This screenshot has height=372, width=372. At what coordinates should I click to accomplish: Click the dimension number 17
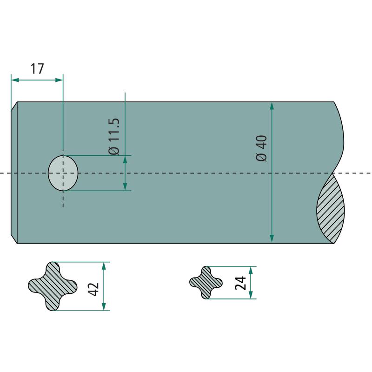click(x=37, y=68)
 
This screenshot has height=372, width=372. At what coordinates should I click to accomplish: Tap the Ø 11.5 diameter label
click(x=113, y=136)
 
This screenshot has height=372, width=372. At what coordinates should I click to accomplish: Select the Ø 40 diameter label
click(x=262, y=148)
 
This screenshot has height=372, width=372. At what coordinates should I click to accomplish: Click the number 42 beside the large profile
click(x=93, y=289)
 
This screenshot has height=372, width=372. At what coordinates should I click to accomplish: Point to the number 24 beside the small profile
click(x=240, y=283)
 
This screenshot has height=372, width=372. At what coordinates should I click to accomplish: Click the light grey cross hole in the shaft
click(x=63, y=173)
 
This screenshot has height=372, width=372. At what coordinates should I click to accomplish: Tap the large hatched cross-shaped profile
click(x=53, y=286)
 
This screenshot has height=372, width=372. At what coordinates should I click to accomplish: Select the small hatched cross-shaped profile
click(x=206, y=282)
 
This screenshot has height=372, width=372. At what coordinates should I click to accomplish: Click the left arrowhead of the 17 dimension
click(x=15, y=80)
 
